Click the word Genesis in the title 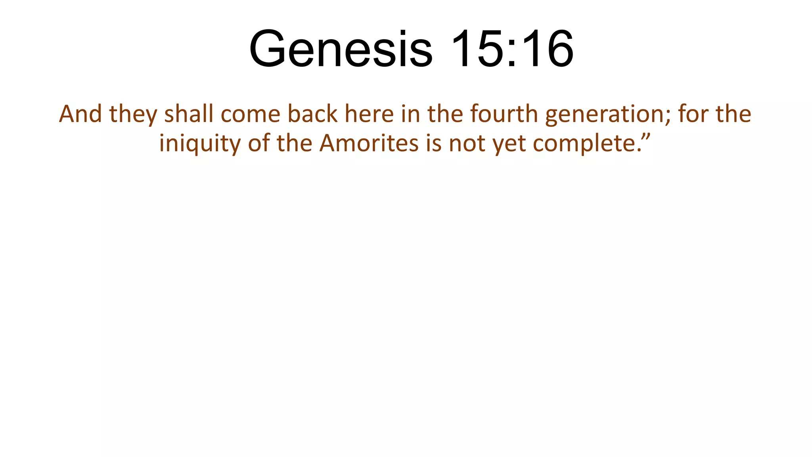pyautogui.click(x=341, y=50)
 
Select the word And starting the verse pyautogui.click(x=80, y=114)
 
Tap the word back pyautogui.click(x=312, y=114)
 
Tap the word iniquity pyautogui.click(x=200, y=144)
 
